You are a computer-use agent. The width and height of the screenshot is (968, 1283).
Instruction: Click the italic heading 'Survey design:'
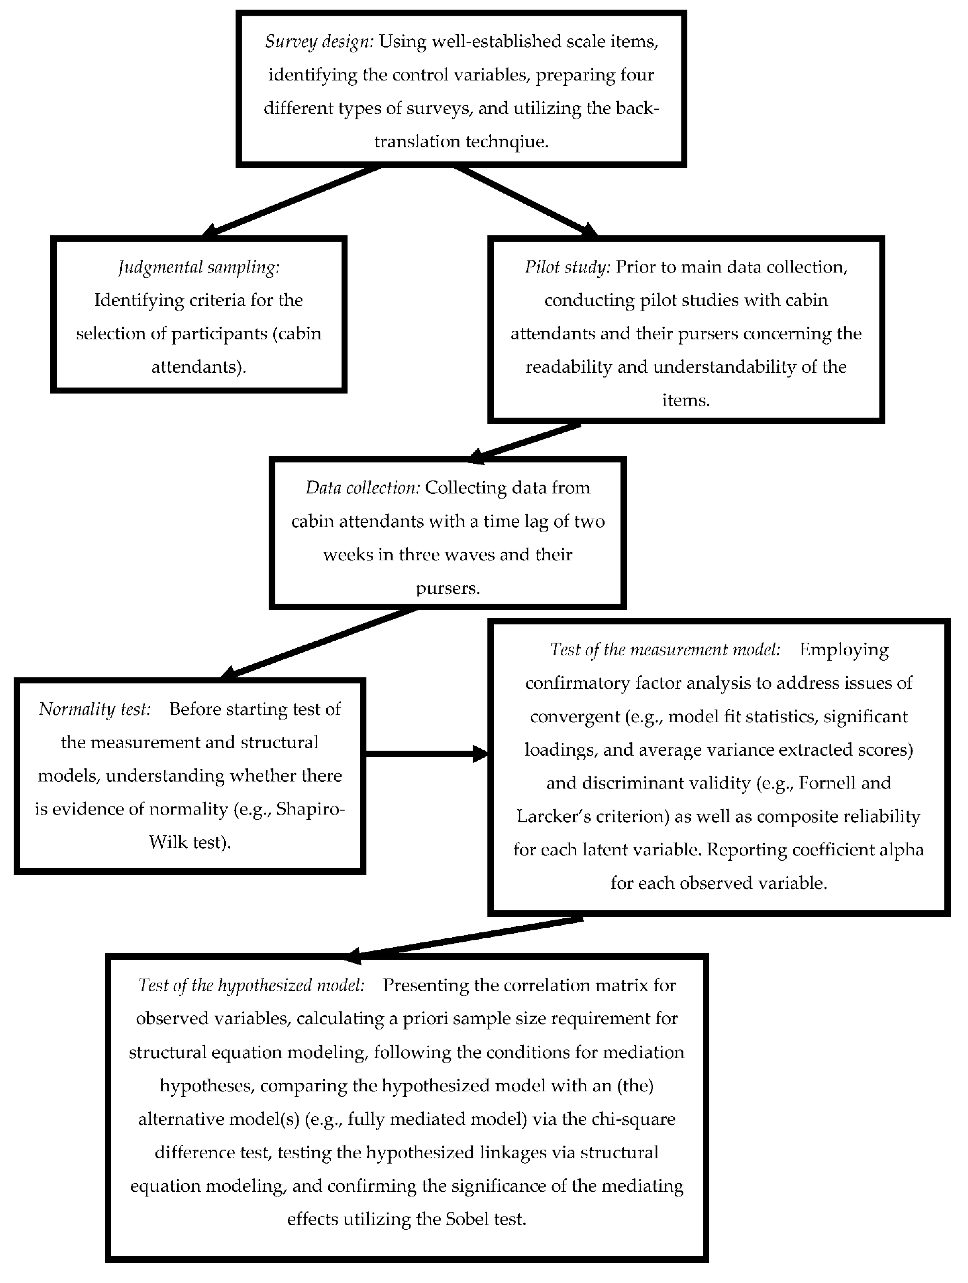point(319,42)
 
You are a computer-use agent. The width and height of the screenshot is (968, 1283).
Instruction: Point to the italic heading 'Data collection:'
point(362,488)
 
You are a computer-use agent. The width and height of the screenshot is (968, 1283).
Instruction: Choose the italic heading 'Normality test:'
point(94,709)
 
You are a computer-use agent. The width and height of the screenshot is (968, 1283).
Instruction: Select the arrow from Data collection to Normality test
point(319,643)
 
